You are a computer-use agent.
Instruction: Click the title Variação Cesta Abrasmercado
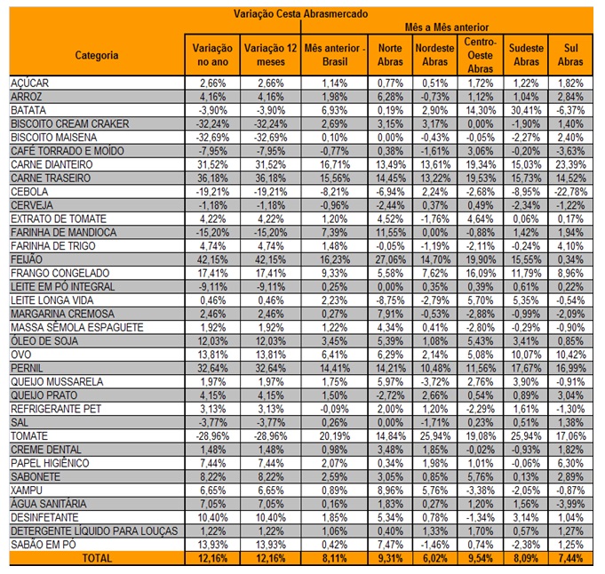tap(300, 14)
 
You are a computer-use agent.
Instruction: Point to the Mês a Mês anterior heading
tap(446, 28)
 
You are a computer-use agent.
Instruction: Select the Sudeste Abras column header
tap(526, 55)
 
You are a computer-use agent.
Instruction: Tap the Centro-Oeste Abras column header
tap(481, 55)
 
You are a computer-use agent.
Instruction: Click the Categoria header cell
tap(97, 55)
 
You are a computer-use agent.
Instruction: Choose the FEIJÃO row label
tap(27, 259)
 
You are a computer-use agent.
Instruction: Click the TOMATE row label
tap(29, 436)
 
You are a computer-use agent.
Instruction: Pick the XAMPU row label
tap(27, 490)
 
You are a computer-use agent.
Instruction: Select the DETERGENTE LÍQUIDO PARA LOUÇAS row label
tap(94, 531)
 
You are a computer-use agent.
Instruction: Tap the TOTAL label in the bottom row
tap(97, 558)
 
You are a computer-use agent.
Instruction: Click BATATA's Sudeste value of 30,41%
tap(526, 110)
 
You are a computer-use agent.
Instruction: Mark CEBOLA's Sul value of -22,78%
tap(570, 192)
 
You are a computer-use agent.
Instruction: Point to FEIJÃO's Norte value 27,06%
tap(391, 259)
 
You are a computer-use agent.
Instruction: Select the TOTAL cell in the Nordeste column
tap(435, 558)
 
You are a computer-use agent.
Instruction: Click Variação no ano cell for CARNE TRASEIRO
tap(212, 179)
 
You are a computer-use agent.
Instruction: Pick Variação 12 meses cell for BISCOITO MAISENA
tap(270, 138)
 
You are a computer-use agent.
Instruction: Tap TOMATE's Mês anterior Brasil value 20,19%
tap(335, 436)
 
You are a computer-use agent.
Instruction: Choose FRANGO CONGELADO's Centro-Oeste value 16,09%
tap(481, 274)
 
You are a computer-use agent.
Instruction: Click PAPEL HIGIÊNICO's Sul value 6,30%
tap(570, 463)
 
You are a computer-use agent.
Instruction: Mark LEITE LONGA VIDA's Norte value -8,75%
tap(391, 300)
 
